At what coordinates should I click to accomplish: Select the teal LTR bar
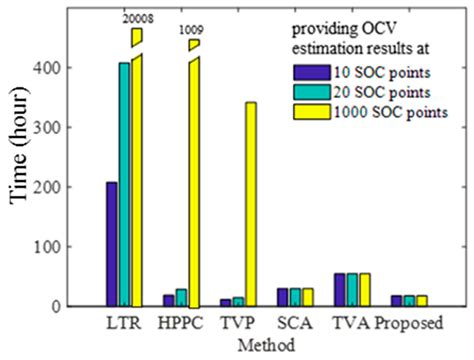pyautogui.click(x=124, y=184)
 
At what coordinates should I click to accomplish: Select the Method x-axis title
pyautogui.click(x=266, y=344)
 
